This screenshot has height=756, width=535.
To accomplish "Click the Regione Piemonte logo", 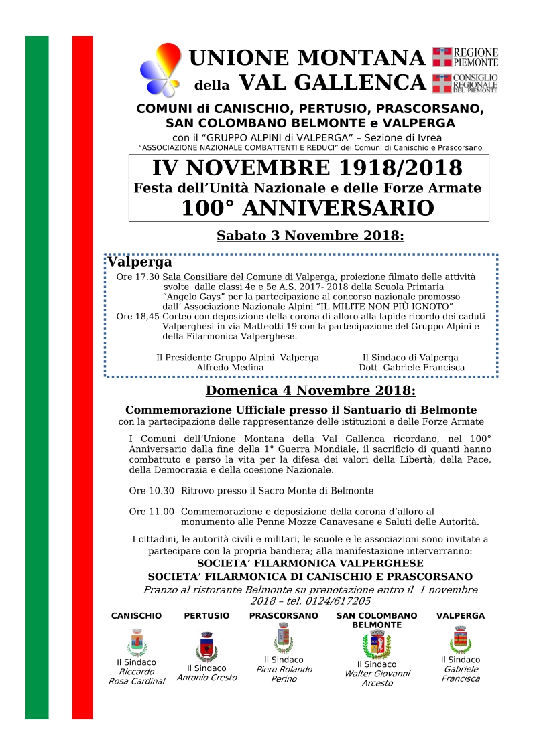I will coord(465,57).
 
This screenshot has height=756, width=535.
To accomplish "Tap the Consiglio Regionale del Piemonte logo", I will coord(465,83).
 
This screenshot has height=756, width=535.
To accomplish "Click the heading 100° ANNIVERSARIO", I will coord(308,208).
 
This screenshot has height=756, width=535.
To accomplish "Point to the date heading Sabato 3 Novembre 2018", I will coord(310,236).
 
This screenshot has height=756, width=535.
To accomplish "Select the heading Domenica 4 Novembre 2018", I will coord(310,390).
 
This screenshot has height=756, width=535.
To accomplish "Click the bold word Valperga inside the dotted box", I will coord(140,262).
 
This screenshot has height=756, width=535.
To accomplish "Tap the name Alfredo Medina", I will coord(230,368).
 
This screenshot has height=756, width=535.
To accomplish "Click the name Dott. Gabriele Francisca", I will coord(412,368).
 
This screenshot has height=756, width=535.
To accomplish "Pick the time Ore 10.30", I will coord(152,491).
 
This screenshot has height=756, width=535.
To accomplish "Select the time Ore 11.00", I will coord(152,511).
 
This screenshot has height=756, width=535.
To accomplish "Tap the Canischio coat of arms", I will coord(137,643).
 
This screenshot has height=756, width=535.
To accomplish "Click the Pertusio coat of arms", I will coord(206,646).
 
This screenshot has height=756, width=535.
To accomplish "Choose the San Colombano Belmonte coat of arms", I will coord(377,645).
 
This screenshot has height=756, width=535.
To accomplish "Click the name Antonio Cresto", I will coord(206,678).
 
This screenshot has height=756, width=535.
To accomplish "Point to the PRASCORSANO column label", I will coord(284,615).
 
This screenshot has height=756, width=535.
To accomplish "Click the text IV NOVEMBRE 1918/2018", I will coord(308,168).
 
